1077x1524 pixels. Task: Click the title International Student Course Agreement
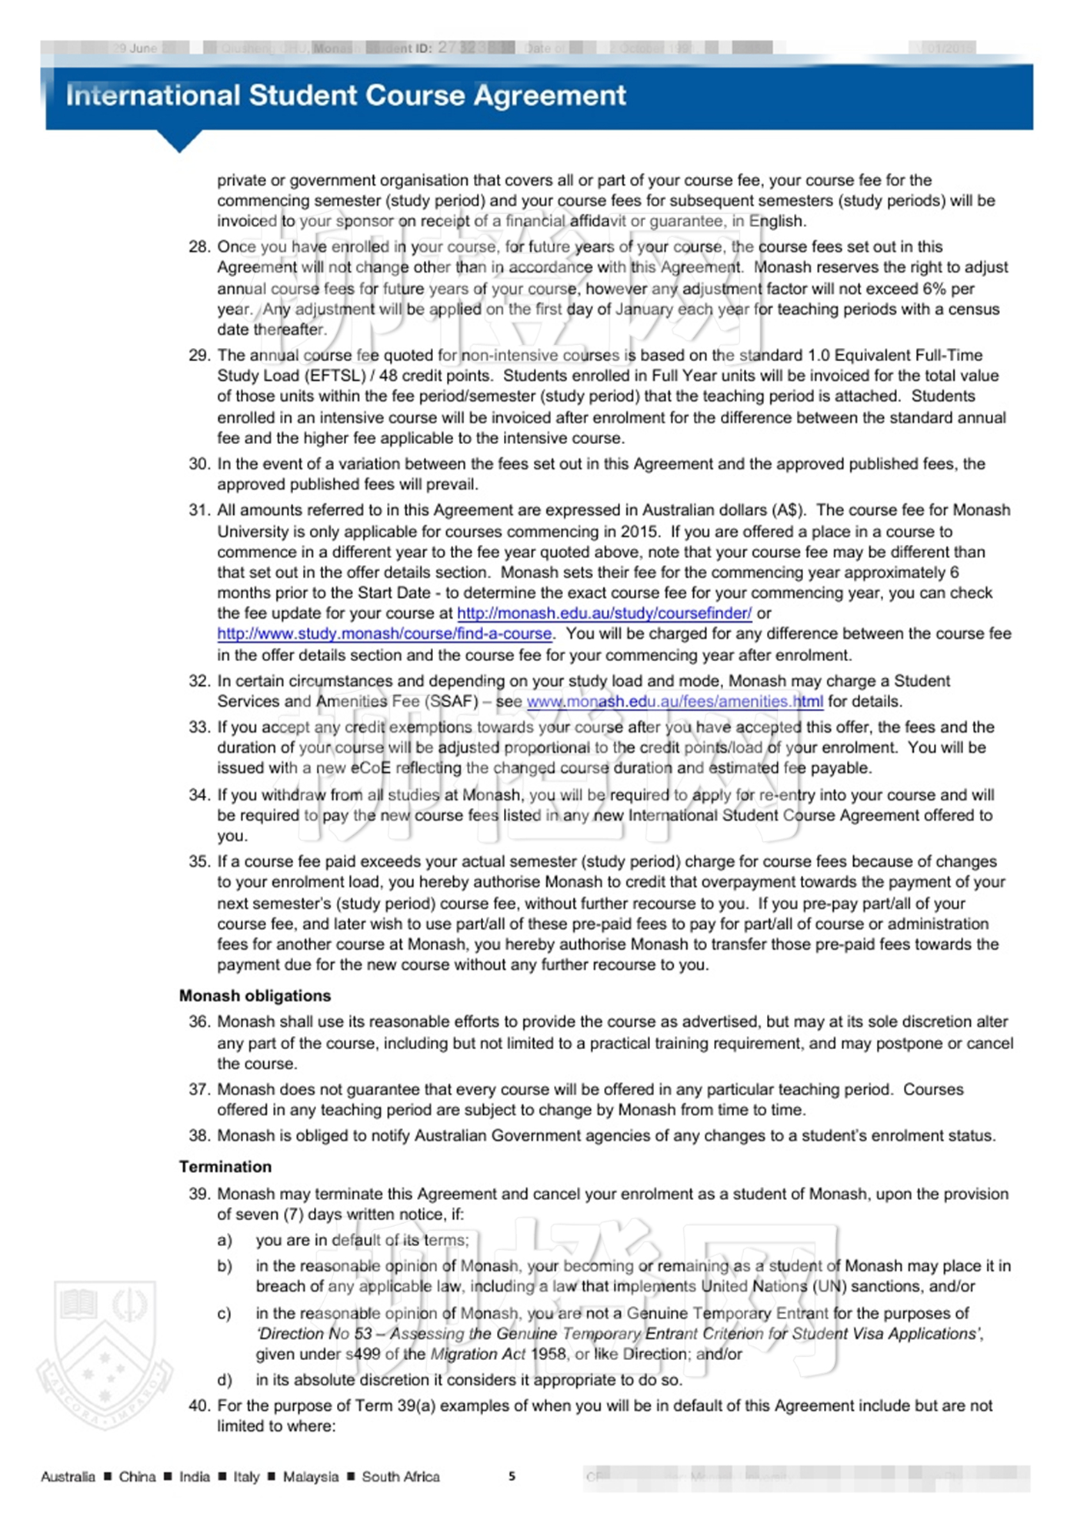346,95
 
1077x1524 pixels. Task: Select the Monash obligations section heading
255,996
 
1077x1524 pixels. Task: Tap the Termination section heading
225,1167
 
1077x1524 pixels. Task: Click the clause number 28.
199,247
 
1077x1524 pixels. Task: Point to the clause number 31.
199,510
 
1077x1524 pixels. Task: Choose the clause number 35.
199,862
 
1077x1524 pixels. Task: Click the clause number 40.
199,1406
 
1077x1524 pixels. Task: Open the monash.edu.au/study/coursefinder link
604,613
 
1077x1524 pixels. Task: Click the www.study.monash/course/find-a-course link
385,634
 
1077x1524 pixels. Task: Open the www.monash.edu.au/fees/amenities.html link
675,702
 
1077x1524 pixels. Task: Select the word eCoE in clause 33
371,768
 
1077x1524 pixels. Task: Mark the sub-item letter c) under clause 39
224,1314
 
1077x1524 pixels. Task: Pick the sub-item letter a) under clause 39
224,1241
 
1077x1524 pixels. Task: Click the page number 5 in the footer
512,1476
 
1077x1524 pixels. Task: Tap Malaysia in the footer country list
311,1477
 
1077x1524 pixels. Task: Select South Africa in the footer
401,1477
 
